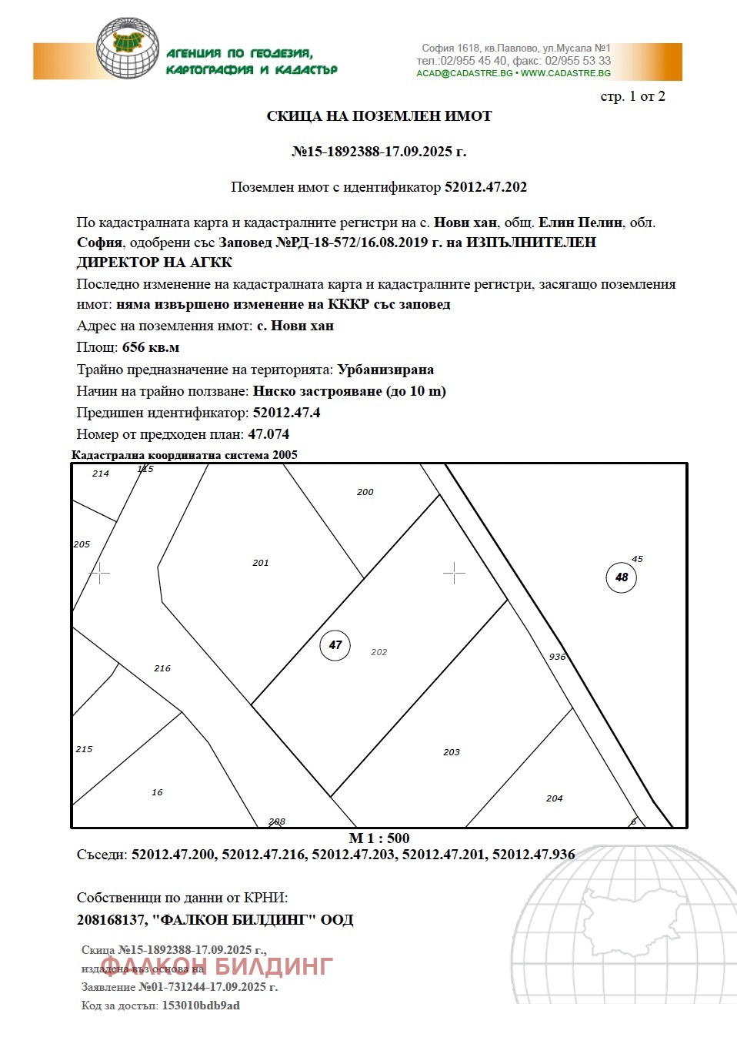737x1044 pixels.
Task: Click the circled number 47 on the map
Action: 335,645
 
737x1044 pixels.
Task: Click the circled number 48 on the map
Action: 621,577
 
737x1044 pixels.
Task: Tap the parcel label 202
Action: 379,652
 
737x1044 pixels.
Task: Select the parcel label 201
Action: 261,563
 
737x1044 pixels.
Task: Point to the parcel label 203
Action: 452,752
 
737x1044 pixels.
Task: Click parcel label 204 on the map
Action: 554,798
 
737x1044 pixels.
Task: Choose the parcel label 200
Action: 365,492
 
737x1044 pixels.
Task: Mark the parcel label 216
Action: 162,668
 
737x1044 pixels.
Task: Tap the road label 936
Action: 557,657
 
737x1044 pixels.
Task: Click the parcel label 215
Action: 84,749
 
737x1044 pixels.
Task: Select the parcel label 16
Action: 157,792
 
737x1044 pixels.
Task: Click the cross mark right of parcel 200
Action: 454,573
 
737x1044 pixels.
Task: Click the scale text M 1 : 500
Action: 379,838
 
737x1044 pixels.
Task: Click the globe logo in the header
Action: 128,48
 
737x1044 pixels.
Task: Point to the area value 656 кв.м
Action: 151,347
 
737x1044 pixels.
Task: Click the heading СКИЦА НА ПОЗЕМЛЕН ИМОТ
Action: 379,116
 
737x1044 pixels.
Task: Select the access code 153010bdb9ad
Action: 200,1006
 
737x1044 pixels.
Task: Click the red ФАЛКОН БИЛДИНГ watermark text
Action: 217,966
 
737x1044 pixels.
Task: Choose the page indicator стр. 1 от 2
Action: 632,96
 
